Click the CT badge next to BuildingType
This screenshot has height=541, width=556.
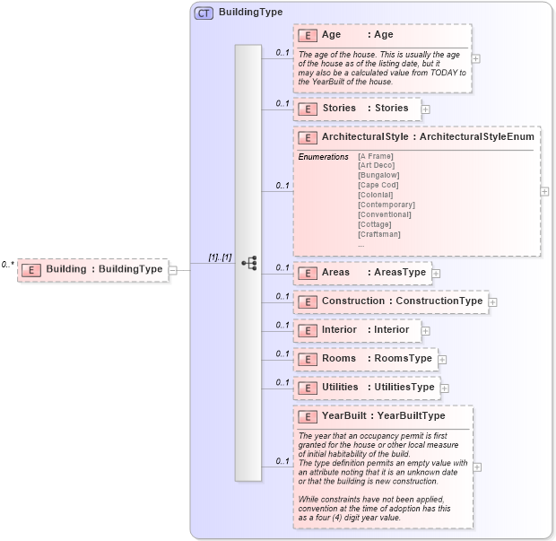[204, 13]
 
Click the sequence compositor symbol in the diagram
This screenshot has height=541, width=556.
[248, 263]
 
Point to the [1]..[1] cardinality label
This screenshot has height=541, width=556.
[220, 257]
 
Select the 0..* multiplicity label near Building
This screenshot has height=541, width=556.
[8, 265]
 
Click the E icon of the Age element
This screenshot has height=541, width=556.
[308, 35]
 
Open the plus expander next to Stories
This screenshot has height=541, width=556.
[426, 109]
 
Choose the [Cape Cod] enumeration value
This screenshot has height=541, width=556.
[378, 185]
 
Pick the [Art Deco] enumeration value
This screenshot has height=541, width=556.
[376, 165]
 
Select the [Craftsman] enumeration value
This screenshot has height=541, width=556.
[379, 234]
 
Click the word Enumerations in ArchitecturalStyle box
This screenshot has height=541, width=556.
[323, 157]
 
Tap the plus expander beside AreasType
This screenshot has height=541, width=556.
[437, 273]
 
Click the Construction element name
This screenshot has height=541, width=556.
[353, 301]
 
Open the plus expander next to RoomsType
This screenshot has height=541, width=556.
[442, 359]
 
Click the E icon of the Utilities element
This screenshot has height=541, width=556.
[308, 388]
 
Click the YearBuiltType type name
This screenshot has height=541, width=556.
[411, 416]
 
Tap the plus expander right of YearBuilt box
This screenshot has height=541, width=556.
[477, 467]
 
